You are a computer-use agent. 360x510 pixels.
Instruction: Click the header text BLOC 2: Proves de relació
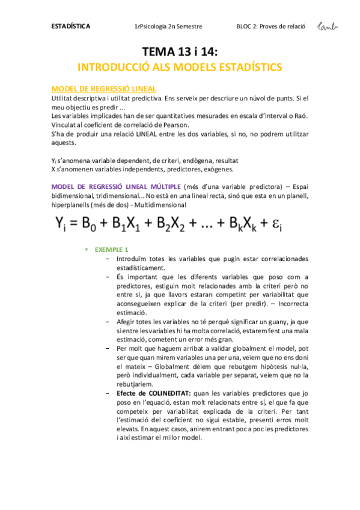click(x=272, y=27)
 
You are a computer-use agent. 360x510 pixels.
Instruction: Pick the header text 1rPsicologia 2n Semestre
click(x=169, y=27)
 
